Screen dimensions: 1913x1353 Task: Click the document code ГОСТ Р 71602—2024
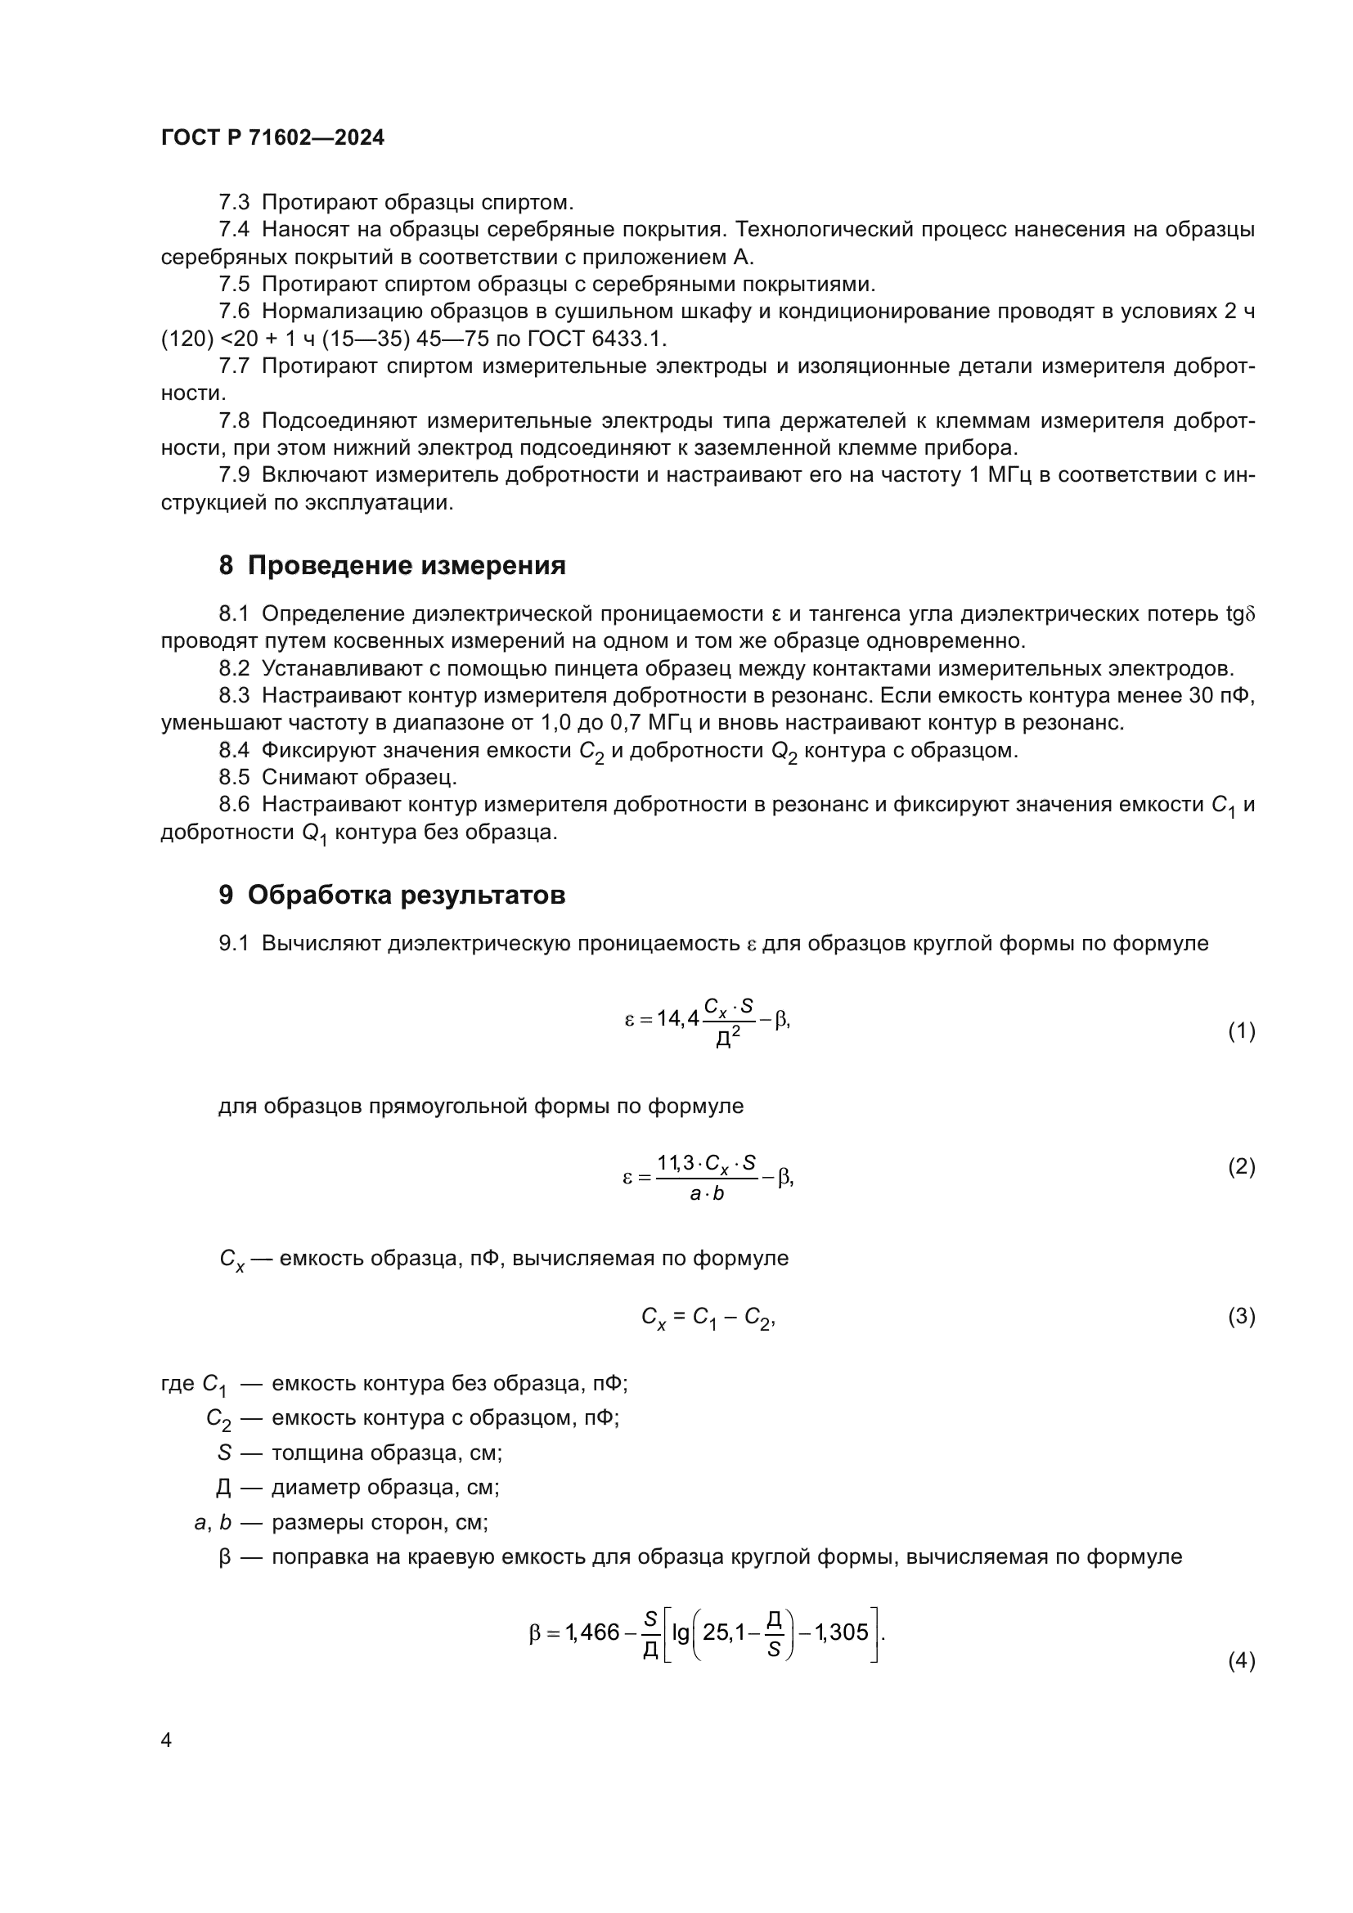click(x=272, y=138)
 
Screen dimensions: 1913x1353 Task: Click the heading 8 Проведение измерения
click(x=393, y=566)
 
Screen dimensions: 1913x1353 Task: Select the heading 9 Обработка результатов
click(x=393, y=895)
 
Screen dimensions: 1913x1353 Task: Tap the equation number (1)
click(x=1242, y=1031)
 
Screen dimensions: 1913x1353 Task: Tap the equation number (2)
click(x=1242, y=1166)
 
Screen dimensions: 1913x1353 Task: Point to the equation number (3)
click(x=1242, y=1317)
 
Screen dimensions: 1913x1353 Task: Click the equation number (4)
click(x=1242, y=1660)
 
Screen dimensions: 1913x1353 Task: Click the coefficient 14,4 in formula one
click(x=677, y=1018)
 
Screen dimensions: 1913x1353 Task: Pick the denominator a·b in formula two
click(x=708, y=1193)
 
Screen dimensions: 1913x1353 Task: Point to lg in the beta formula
click(x=681, y=1633)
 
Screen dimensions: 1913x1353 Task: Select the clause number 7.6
click(x=234, y=312)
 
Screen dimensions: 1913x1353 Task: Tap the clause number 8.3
click(x=234, y=696)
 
